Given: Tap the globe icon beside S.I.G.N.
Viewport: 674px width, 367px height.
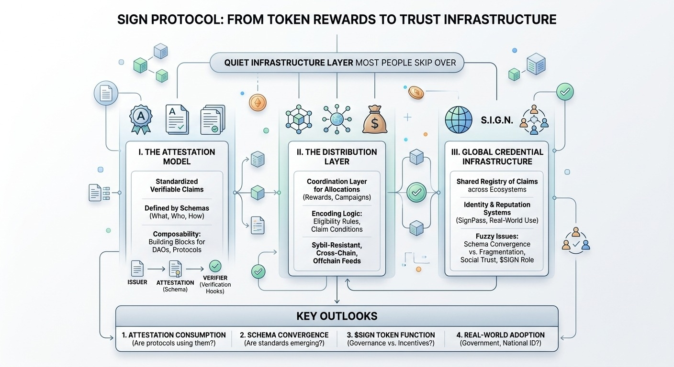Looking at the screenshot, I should pos(458,119).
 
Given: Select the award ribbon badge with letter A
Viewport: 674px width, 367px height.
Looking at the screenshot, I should pos(141,119).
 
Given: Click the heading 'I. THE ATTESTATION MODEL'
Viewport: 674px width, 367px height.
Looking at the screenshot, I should pos(177,157).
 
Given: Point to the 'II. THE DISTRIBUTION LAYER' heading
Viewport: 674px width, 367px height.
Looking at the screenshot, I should pos(337,157).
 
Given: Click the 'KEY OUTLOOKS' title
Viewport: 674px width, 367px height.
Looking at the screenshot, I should pos(337,316).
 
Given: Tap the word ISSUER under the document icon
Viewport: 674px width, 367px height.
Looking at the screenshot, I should pos(137,282).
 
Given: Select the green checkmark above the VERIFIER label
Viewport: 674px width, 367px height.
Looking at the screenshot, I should pos(215,266).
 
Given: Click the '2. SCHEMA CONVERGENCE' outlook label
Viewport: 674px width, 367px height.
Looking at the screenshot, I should pos(284,335).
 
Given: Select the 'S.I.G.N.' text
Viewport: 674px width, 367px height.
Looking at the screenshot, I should pos(496,120).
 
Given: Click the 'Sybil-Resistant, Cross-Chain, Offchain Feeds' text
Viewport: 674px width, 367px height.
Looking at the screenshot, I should pos(337,253).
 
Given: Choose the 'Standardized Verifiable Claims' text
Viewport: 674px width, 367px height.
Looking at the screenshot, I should pos(176,185).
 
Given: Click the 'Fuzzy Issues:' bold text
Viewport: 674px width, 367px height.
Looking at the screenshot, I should pos(496,236).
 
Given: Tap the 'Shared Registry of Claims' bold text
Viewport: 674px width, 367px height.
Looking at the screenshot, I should pos(497,182).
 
